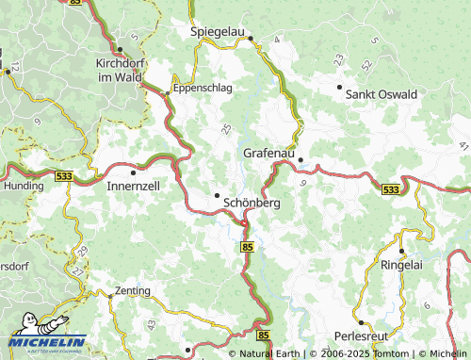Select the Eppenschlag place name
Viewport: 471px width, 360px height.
coord(202,90)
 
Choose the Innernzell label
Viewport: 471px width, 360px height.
coord(133,186)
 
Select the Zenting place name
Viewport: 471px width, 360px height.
coord(132,289)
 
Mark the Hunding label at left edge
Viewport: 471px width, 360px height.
coord(21,187)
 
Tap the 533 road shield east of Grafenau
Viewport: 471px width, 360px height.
coord(391,189)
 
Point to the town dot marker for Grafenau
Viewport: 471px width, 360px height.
coord(300,159)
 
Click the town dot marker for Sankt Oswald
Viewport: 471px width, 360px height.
coord(340,87)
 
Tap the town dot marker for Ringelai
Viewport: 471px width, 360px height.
coord(402,251)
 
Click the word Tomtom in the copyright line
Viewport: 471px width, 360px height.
coord(388,354)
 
